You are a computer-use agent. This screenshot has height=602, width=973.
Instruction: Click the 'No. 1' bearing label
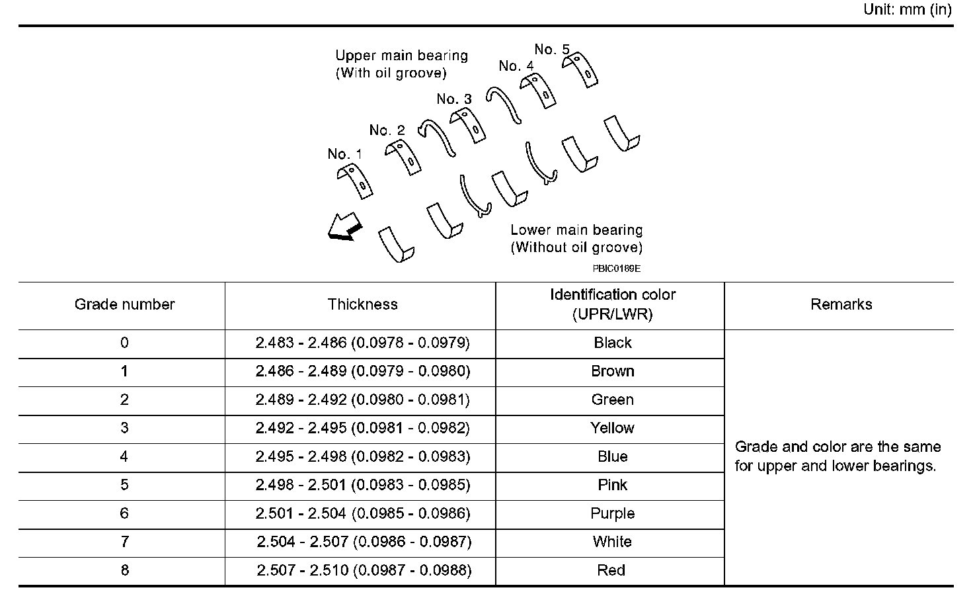point(344,154)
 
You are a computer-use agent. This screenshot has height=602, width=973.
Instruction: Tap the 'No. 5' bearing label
point(551,50)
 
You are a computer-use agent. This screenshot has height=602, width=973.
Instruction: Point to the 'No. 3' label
point(454,99)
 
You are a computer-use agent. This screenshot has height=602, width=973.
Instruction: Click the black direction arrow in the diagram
point(344,228)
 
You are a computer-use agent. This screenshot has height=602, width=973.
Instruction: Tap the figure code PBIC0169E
point(616,269)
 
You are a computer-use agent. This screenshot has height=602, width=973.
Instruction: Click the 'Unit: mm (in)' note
point(907,10)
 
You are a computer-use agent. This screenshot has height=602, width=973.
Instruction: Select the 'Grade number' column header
point(124,304)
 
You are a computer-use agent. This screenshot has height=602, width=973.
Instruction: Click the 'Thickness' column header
point(362,304)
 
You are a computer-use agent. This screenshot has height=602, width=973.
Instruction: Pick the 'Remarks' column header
point(841,304)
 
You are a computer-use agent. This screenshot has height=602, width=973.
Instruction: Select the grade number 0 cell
point(124,343)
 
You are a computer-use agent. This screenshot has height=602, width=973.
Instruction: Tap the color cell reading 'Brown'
point(612,371)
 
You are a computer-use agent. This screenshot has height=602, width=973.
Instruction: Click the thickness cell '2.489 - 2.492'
point(362,400)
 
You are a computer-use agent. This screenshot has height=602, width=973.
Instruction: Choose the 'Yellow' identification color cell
point(612,428)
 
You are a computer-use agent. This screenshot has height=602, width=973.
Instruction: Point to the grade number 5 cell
point(124,485)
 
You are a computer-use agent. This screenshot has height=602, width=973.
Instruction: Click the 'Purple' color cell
point(612,513)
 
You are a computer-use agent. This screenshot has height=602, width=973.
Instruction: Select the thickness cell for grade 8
point(364,570)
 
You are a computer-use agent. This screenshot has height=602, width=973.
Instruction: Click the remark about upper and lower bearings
point(837,456)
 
